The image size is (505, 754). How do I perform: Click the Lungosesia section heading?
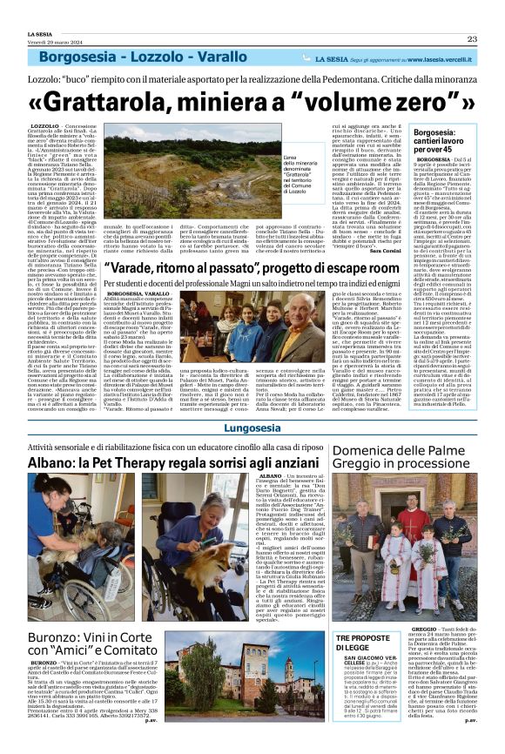[252, 429]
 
